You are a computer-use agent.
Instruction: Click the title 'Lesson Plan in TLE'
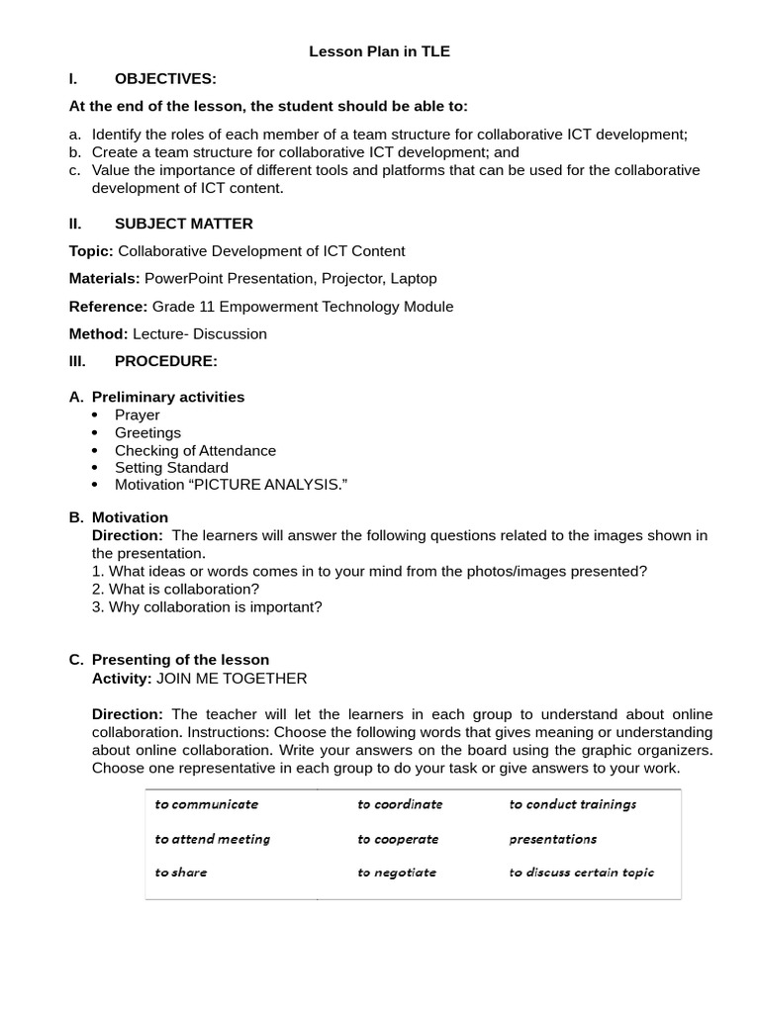tap(379, 51)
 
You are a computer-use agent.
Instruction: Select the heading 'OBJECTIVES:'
tap(165, 78)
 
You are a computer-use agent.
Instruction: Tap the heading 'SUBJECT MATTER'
tap(183, 224)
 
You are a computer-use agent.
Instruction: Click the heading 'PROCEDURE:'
tap(165, 361)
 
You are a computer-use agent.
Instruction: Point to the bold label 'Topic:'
tap(91, 251)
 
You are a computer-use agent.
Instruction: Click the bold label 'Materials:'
tap(104, 279)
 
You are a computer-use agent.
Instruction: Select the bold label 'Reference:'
tap(108, 307)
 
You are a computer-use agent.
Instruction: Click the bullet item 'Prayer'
tap(137, 415)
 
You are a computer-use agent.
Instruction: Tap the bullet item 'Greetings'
tap(147, 433)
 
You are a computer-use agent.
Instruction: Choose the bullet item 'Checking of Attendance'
tap(195, 451)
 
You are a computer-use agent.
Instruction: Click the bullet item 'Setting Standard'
tap(171, 468)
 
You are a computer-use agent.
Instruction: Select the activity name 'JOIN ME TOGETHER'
tap(232, 679)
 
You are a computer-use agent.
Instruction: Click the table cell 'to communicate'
tap(206, 804)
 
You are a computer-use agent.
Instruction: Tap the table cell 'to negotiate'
tap(397, 873)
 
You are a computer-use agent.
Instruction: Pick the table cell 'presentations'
tap(552, 839)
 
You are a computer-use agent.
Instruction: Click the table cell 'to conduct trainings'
tap(573, 804)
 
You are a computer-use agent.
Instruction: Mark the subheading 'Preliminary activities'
tap(167, 397)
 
